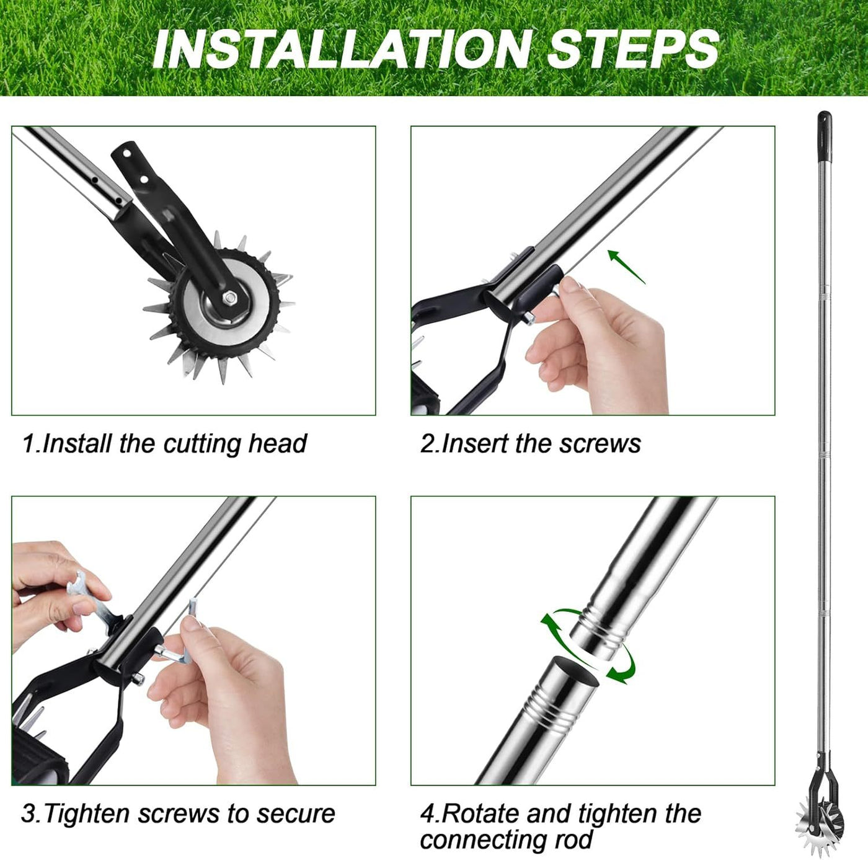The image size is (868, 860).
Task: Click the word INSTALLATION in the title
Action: (x=342, y=49)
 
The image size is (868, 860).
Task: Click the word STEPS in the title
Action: (x=632, y=49)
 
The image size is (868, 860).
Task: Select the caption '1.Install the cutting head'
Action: (x=164, y=444)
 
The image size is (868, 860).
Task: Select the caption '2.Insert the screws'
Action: (x=530, y=444)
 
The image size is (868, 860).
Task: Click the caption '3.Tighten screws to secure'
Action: (x=178, y=813)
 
